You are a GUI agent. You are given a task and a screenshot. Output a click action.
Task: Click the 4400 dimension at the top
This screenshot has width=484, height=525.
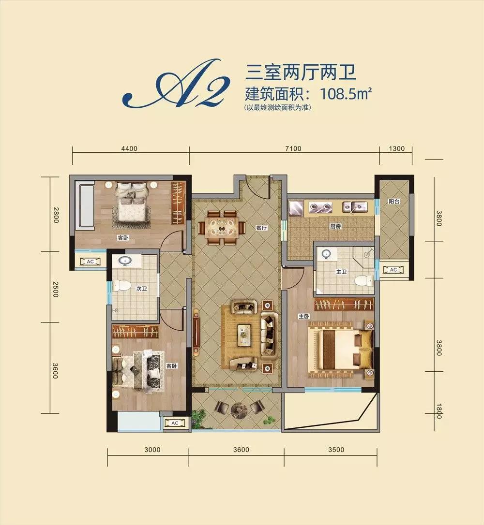[x=129, y=148]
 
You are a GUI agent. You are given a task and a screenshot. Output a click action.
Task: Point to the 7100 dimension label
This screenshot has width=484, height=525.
[x=293, y=148]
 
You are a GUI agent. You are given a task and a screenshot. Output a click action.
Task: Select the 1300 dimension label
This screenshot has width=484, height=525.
[x=396, y=148]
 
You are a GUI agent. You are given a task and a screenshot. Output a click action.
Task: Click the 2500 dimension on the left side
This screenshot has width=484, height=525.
[x=56, y=289]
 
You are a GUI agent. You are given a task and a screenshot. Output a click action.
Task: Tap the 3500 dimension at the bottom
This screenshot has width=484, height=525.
[x=336, y=450]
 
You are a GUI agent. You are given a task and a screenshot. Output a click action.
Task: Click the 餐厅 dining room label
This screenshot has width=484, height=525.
[x=261, y=228]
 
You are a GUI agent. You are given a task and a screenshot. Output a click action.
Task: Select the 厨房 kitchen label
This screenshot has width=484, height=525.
[x=335, y=226]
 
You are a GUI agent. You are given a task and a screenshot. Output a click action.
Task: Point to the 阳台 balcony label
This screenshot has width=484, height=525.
[x=394, y=202]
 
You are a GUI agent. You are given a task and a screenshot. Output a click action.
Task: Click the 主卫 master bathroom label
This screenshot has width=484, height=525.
[x=341, y=272]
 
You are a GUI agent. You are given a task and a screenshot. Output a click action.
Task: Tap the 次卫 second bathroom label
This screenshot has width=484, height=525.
[x=141, y=288]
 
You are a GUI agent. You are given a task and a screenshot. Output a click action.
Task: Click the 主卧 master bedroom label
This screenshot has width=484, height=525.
[x=304, y=316]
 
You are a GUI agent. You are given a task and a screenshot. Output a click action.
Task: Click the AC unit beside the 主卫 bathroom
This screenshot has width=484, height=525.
[x=393, y=270]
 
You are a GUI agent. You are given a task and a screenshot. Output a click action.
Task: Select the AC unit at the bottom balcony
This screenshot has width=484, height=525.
[x=175, y=423]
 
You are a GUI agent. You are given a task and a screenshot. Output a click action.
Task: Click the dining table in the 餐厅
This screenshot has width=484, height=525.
[x=221, y=228]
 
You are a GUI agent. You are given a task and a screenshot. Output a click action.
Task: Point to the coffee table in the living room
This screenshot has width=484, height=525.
[x=244, y=335]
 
